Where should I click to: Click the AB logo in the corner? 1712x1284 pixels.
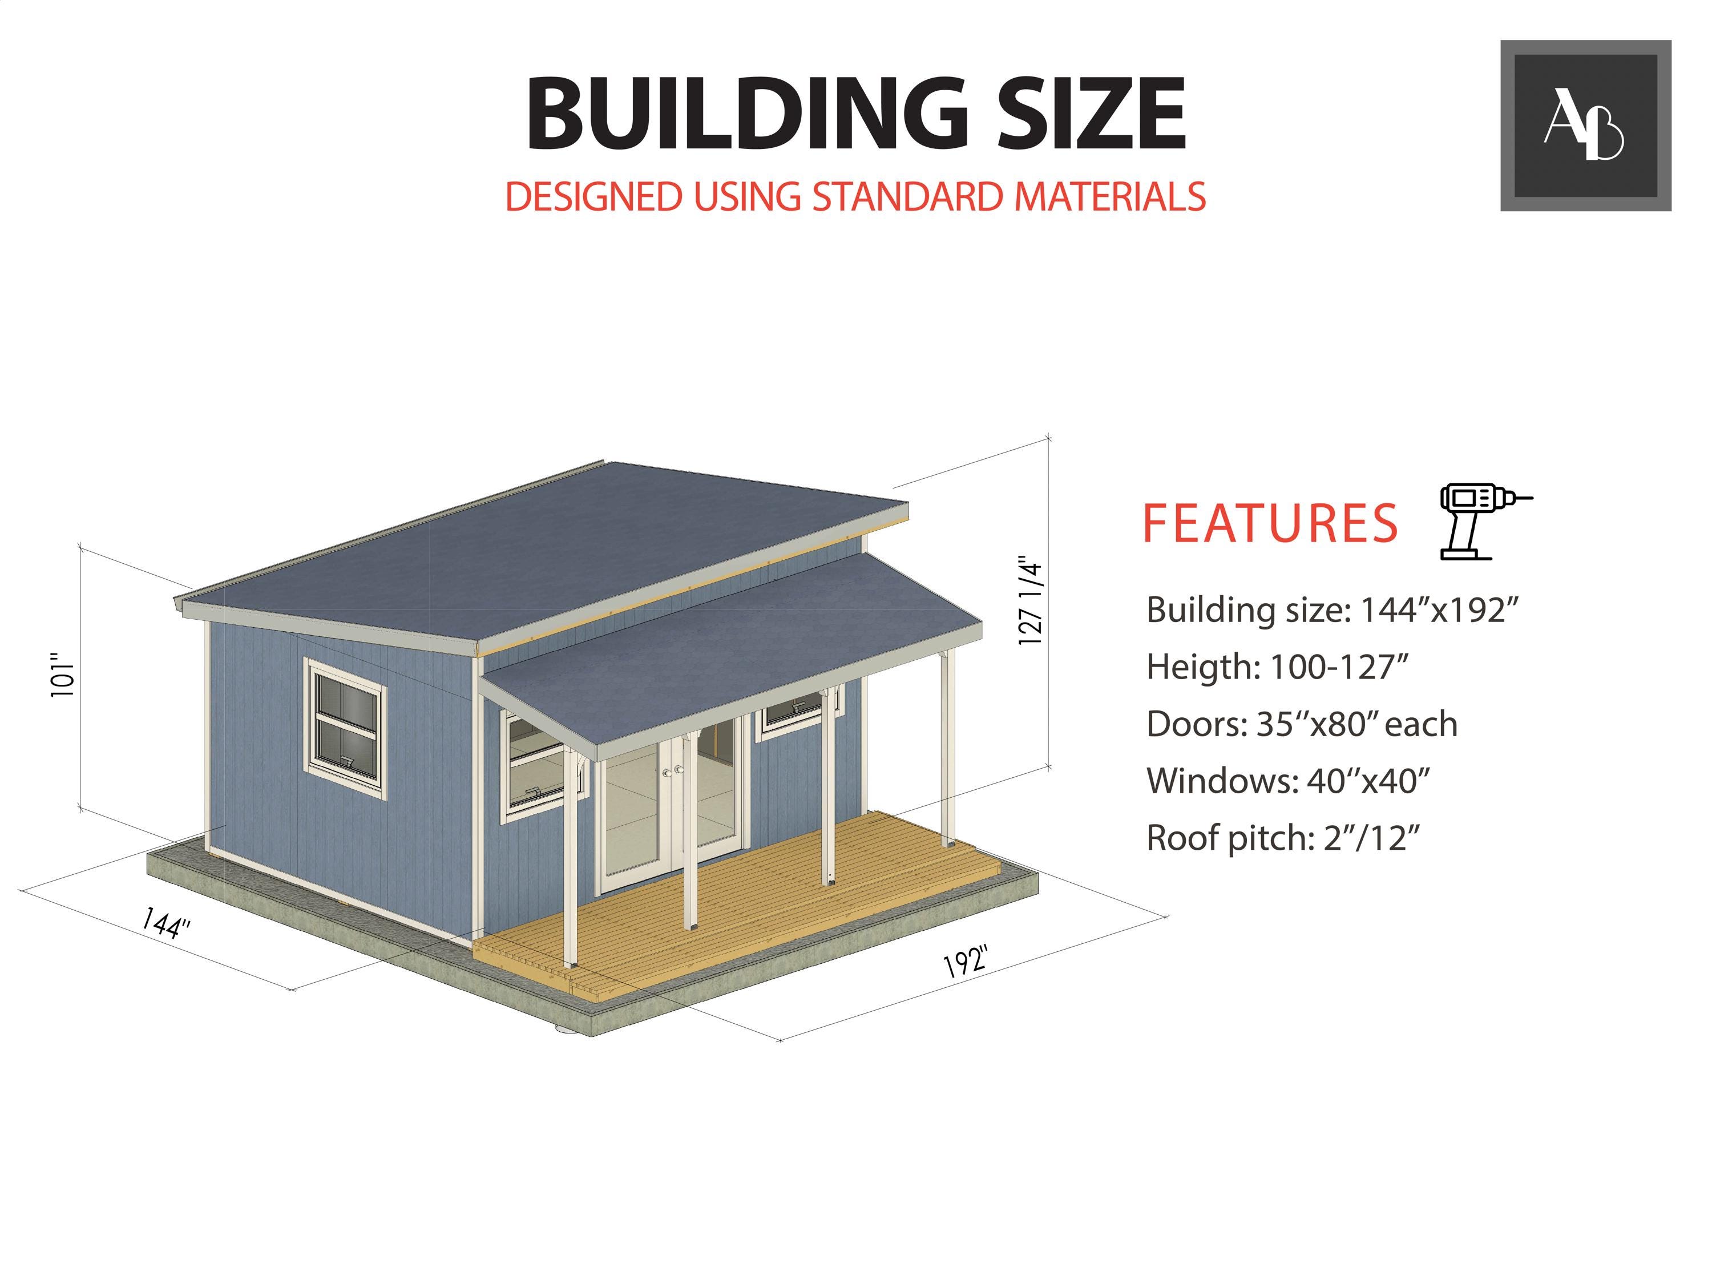click(1585, 126)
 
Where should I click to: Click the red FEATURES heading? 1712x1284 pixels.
click(1270, 523)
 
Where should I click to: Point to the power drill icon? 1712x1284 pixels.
click(1484, 521)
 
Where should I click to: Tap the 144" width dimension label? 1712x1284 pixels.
click(165, 923)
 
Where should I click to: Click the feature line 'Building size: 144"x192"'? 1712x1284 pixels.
click(1332, 610)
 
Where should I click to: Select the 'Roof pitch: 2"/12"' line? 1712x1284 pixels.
click(1283, 837)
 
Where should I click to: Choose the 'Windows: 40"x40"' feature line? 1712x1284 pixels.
click(1288, 781)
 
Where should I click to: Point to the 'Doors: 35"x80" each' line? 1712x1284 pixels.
click(1302, 724)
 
